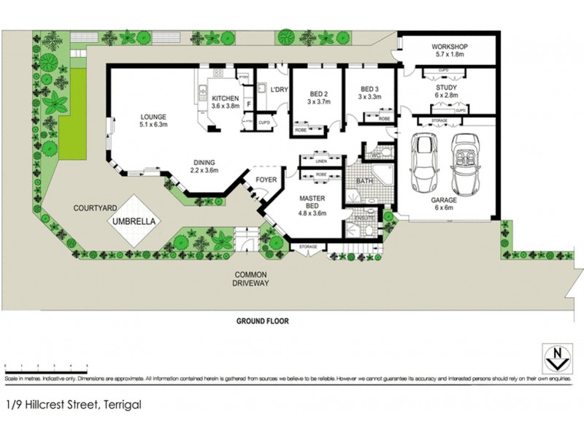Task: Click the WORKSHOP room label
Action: click(448, 47)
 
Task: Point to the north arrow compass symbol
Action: click(558, 358)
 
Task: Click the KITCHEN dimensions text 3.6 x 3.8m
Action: click(226, 106)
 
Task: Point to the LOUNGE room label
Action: click(154, 116)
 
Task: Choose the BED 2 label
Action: click(320, 94)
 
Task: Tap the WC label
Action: click(377, 155)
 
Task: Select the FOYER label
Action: click(264, 179)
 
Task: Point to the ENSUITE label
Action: click(364, 218)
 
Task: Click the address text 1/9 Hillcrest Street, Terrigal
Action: click(73, 404)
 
